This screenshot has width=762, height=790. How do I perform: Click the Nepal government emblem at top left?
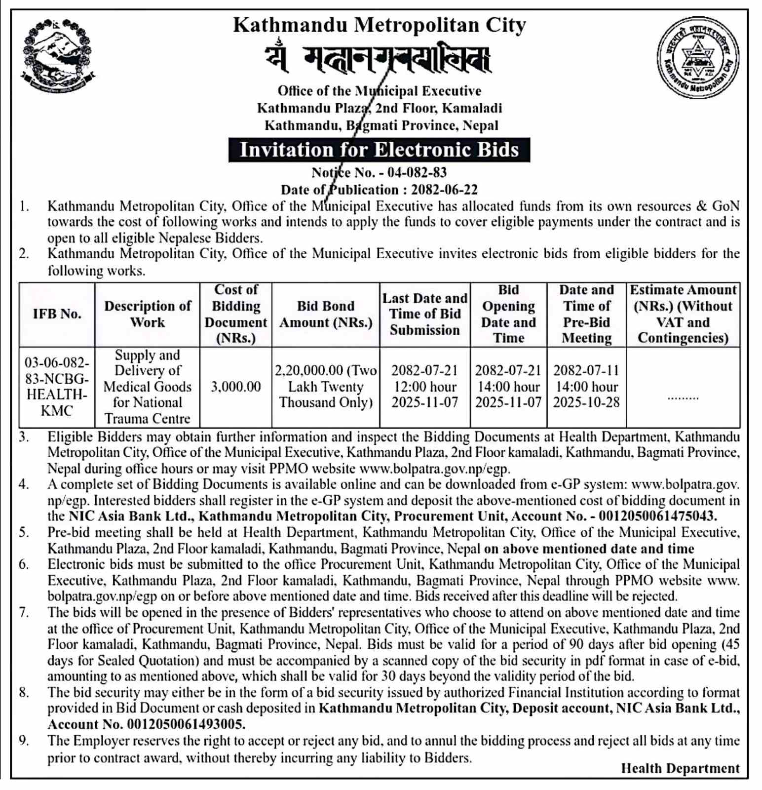pyautogui.click(x=57, y=55)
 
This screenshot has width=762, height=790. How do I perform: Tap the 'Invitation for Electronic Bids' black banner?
pyautogui.click(x=379, y=150)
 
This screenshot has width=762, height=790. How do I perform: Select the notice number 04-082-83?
pyautogui.click(x=417, y=172)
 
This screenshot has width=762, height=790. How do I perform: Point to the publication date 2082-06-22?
pyautogui.click(x=444, y=190)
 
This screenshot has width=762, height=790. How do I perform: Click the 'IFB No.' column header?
pyautogui.click(x=57, y=314)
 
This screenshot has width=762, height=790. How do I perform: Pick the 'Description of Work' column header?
pyautogui.click(x=147, y=314)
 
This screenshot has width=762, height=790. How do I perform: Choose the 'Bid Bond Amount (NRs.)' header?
pyautogui.click(x=326, y=314)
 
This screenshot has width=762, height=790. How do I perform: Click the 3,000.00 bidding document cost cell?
pyautogui.click(x=236, y=387)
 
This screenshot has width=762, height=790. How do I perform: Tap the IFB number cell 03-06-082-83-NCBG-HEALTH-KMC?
pyautogui.click(x=57, y=387)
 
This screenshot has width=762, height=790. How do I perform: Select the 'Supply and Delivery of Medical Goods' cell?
pyautogui.click(x=147, y=387)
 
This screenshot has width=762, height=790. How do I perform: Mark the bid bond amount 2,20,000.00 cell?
pyautogui.click(x=326, y=387)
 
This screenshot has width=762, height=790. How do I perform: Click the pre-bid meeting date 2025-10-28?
pyautogui.click(x=586, y=402)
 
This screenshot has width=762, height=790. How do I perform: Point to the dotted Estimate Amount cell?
pyautogui.click(x=683, y=396)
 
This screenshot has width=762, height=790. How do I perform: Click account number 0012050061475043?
pyautogui.click(x=657, y=516)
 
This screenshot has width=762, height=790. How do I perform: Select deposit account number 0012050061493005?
pyautogui.click(x=186, y=724)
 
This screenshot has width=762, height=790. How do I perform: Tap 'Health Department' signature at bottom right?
pyautogui.click(x=680, y=768)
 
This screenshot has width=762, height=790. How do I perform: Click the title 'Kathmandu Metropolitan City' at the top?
pyautogui.click(x=379, y=25)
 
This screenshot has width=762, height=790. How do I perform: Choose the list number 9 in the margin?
pyautogui.click(x=24, y=741)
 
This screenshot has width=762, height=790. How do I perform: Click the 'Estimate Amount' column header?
pyautogui.click(x=683, y=314)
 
